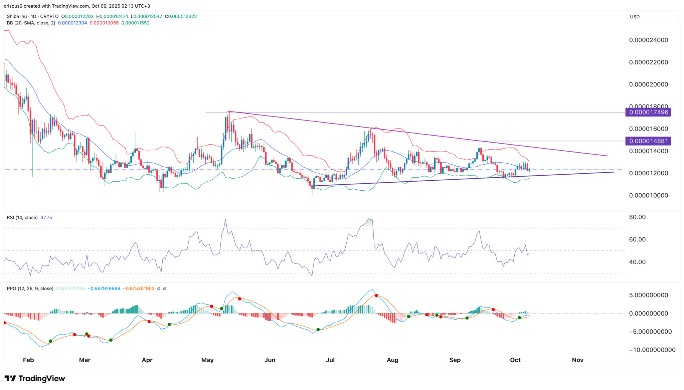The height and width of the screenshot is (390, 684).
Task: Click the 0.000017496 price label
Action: (x=648, y=112)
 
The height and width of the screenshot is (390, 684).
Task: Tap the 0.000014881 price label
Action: (x=648, y=141)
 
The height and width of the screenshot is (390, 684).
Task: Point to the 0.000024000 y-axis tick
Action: (x=648, y=40)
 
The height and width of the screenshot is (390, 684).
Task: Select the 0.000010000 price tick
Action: (x=648, y=195)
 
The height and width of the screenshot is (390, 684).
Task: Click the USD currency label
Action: (x=635, y=17)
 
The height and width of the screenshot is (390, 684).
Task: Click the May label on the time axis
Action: (x=207, y=360)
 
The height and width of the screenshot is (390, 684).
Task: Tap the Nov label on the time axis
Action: (x=577, y=360)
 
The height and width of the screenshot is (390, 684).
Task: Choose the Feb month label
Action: (x=28, y=360)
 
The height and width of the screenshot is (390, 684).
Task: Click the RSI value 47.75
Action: (x=46, y=217)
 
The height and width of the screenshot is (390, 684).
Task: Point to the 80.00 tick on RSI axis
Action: (x=637, y=217)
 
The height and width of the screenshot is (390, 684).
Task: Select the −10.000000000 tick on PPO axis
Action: (x=652, y=350)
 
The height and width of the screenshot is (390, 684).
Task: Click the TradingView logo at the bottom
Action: (x=35, y=378)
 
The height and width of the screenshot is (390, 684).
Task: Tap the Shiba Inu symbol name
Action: (x=17, y=16)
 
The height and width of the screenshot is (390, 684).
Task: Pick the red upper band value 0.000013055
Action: (x=104, y=23)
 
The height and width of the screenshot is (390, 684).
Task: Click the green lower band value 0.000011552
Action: (x=135, y=23)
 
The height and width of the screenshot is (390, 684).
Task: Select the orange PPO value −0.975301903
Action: (x=139, y=288)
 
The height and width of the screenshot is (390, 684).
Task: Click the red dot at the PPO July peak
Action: (x=376, y=296)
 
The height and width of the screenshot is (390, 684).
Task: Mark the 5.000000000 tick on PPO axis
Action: (x=648, y=295)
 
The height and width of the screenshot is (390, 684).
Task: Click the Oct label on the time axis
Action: (x=515, y=360)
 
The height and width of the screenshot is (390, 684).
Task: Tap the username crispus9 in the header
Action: (x=14, y=6)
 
